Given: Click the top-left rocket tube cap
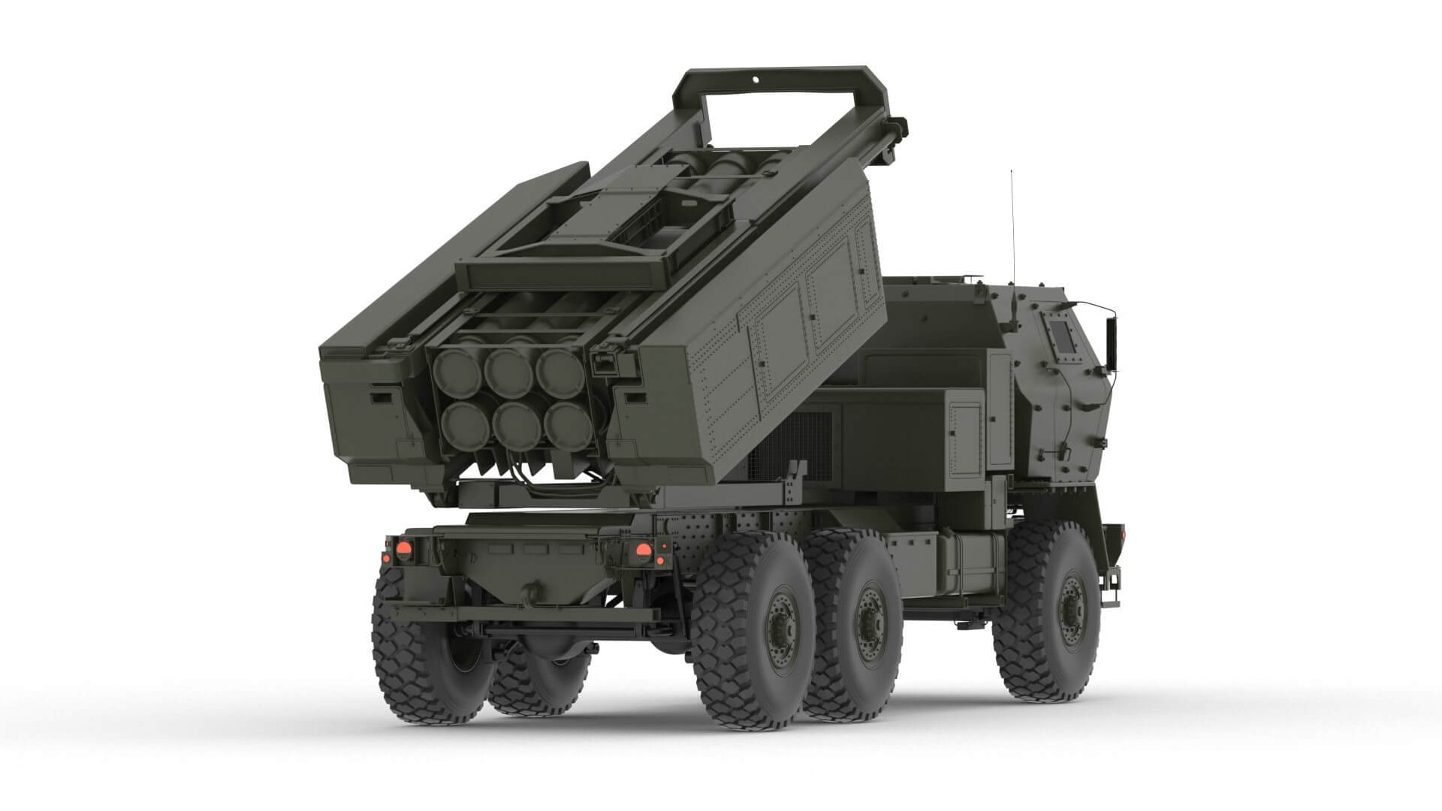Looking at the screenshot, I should [x=457, y=367].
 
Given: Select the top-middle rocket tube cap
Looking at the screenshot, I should [x=508, y=367].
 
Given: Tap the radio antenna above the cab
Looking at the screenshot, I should [x=1012, y=225].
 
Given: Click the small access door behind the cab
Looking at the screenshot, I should [x=966, y=439].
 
